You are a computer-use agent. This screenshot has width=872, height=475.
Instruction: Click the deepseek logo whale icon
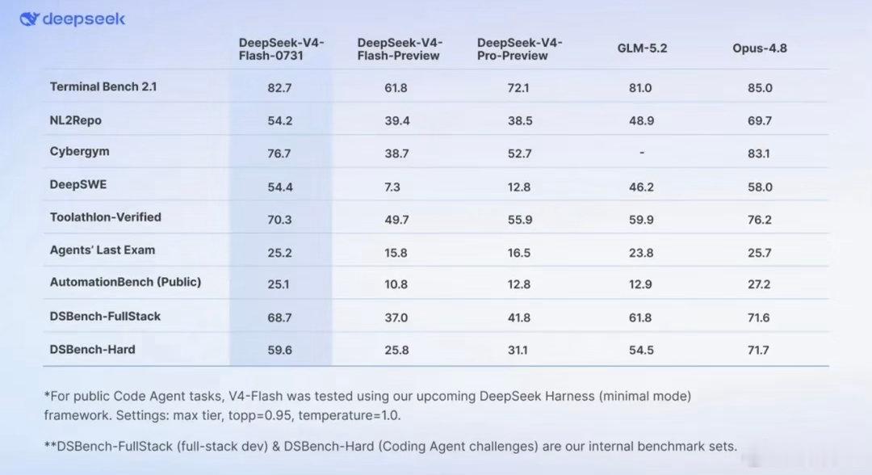tap(30, 19)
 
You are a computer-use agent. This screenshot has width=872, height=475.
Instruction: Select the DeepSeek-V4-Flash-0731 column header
tap(282, 49)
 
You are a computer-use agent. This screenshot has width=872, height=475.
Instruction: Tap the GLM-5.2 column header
tap(642, 48)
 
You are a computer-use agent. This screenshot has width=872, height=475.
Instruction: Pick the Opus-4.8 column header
tap(759, 48)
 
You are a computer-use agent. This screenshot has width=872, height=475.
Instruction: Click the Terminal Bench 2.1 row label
tap(103, 86)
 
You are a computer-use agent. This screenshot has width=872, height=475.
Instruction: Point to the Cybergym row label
tap(79, 152)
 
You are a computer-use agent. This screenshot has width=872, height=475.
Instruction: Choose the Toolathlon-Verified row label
tap(105, 217)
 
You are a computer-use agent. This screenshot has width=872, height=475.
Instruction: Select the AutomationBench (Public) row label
tap(125, 282)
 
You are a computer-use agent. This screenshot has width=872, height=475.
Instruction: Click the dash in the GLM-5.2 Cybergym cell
tap(642, 153)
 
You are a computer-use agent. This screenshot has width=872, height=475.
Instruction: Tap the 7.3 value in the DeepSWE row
tap(392, 187)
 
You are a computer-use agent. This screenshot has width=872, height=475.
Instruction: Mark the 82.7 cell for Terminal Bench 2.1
tap(279, 88)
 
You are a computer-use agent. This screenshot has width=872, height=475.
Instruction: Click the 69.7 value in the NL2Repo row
tap(760, 120)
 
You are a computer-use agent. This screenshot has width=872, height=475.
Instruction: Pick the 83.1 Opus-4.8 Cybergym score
tap(758, 153)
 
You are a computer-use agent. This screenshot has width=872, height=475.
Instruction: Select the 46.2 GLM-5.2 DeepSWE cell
tap(641, 187)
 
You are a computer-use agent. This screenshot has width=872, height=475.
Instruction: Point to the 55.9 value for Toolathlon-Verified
tap(520, 220)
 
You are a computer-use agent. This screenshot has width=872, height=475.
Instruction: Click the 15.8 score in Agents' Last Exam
tap(396, 253)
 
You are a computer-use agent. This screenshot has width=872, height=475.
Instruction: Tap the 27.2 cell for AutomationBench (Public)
tap(758, 284)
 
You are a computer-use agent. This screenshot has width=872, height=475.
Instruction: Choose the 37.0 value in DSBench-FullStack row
tap(396, 317)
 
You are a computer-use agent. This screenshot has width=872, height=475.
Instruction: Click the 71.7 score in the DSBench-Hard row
tap(758, 350)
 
